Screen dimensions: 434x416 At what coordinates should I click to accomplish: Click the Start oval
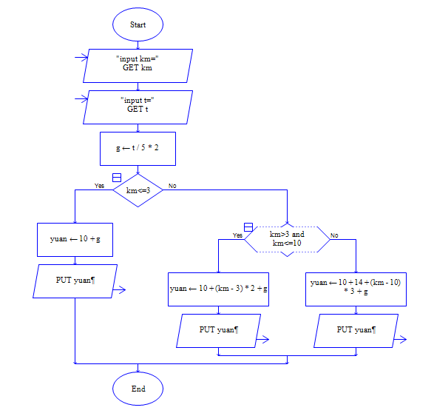(x=138, y=24)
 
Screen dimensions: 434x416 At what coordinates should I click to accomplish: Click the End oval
(x=138, y=389)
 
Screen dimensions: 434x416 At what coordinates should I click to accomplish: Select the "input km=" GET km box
(x=138, y=66)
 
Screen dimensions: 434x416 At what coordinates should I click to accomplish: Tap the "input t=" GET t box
(x=138, y=107)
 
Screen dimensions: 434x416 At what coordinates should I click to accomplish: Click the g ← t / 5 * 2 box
(x=138, y=149)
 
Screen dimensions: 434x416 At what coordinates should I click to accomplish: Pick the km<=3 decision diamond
(x=138, y=190)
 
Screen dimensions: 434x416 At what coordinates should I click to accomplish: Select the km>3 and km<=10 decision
(x=287, y=239)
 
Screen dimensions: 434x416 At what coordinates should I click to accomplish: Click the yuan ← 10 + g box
(x=75, y=239)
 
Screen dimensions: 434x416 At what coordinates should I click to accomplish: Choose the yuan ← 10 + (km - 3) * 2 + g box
(x=218, y=289)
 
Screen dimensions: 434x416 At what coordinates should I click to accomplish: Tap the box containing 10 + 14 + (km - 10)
(x=356, y=289)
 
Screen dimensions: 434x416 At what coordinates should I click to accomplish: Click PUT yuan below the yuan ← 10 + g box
(x=75, y=281)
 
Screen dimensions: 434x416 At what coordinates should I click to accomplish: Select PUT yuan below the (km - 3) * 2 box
(x=218, y=331)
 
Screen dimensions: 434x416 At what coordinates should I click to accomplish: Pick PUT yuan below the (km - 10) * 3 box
(x=356, y=331)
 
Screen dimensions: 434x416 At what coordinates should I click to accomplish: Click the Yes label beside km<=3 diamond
(x=99, y=186)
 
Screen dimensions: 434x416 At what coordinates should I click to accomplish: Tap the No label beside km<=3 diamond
(x=172, y=186)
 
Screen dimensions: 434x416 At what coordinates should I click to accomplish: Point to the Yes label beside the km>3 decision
(x=237, y=235)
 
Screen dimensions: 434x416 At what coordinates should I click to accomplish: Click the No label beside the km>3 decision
(x=334, y=235)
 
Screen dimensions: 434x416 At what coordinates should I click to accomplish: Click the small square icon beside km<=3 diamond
(x=117, y=178)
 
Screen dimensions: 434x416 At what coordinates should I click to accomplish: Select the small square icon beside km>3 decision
(x=248, y=227)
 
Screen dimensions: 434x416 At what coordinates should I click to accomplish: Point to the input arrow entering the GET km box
(x=81, y=58)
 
